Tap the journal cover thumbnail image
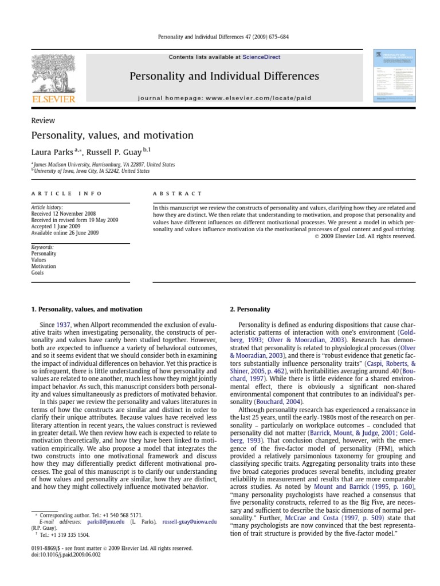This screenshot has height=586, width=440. [393, 76]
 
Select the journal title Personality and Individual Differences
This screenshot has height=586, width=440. [224, 76]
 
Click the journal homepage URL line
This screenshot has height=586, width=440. [225, 98]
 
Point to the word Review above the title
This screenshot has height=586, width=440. [43, 120]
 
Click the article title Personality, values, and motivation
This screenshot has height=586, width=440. [112, 136]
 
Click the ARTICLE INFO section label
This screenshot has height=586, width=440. [66, 194]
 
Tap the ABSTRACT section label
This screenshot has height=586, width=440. [178, 194]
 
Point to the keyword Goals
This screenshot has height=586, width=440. [37, 273]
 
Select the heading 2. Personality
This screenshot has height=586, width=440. [250, 309]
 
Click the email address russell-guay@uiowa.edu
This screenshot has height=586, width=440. [189, 522]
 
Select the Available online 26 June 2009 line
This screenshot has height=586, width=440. [65, 233]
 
